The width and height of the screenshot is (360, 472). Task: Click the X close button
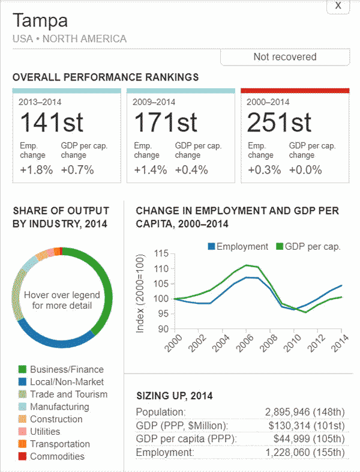[x=338, y=5]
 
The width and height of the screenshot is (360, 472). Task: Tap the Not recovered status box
[x=284, y=57]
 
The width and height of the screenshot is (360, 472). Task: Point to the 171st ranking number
[x=165, y=123]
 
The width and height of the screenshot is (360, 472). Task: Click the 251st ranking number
[x=279, y=123]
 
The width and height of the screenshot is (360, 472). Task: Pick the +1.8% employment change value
[x=36, y=169]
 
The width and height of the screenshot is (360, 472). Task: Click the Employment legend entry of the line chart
[x=238, y=246]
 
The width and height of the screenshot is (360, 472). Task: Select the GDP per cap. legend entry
[x=308, y=246]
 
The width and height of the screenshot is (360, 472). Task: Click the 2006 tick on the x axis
[x=245, y=343]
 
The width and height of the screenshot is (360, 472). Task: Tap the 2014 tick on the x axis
[x=340, y=343]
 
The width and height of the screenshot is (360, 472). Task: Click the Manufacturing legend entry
[x=59, y=407]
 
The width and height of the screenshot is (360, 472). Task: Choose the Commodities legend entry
[x=57, y=456]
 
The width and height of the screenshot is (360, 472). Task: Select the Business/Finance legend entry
[x=66, y=369]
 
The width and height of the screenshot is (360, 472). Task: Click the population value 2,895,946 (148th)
[x=306, y=412]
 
